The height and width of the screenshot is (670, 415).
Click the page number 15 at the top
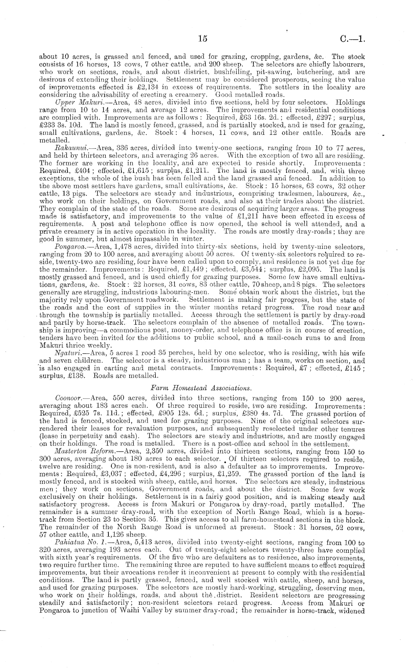[x=203, y=39]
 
